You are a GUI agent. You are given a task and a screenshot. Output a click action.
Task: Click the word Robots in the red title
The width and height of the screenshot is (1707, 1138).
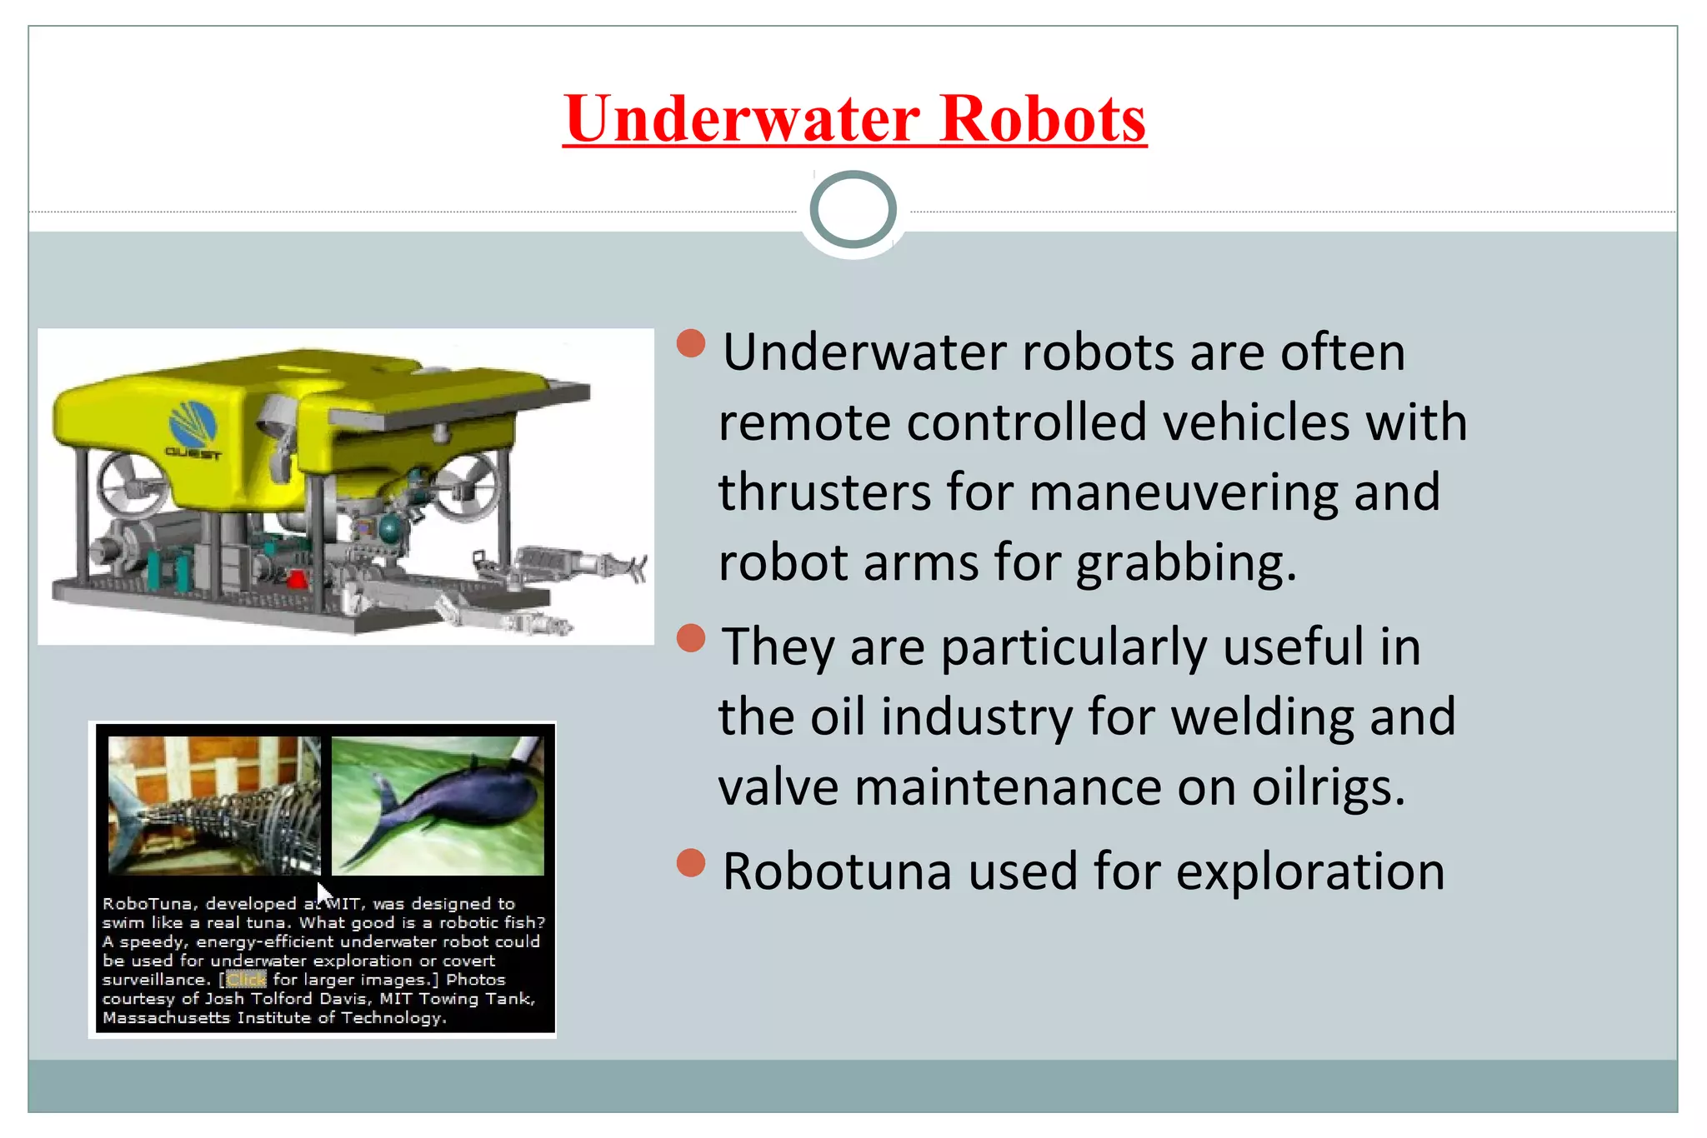tap(1043, 119)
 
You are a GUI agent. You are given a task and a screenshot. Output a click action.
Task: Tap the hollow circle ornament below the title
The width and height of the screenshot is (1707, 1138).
tap(853, 210)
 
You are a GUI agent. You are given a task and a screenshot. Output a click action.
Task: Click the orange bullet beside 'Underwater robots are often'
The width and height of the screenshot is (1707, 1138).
tap(691, 342)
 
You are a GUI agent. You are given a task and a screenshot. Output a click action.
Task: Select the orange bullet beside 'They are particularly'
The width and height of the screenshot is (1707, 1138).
tap(691, 638)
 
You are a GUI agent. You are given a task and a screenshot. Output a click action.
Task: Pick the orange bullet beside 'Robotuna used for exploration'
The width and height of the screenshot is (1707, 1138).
tap(691, 863)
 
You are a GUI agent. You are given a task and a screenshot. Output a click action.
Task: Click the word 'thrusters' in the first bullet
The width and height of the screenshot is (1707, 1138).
tap(824, 492)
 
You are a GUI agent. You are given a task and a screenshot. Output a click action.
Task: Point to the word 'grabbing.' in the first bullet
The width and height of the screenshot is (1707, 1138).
tap(1186, 563)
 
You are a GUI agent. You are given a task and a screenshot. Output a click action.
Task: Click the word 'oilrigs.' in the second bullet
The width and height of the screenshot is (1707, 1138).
tap(1329, 787)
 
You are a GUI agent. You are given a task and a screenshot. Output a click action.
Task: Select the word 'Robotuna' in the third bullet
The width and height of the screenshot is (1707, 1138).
tap(836, 872)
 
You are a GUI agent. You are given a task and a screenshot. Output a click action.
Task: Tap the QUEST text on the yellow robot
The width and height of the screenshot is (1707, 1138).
tap(193, 454)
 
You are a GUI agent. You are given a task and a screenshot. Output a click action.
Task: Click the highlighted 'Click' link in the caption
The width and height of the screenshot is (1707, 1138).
tap(246, 980)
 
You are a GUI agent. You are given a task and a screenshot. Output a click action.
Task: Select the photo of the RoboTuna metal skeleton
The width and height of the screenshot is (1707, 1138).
tap(214, 805)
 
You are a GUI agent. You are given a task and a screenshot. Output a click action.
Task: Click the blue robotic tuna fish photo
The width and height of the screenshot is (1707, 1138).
tap(438, 805)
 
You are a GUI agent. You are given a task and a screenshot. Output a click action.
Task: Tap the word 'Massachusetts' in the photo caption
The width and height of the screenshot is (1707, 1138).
tap(165, 1018)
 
